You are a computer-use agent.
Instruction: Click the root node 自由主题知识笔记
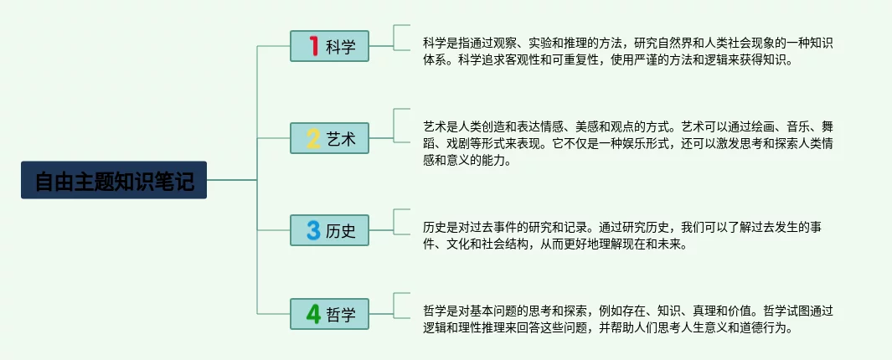[x=114, y=180]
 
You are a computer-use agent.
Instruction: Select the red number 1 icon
[x=314, y=46]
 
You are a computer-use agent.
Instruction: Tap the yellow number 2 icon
[x=313, y=138]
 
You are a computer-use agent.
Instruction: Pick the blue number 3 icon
[x=313, y=230]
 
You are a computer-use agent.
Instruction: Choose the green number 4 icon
[x=313, y=314]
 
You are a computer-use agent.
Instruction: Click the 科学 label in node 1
[x=341, y=47]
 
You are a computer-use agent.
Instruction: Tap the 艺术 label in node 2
[x=341, y=139]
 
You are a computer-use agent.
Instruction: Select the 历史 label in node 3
[x=341, y=231]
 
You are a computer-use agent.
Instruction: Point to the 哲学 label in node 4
[x=341, y=315]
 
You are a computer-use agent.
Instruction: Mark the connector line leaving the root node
[x=232, y=180]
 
